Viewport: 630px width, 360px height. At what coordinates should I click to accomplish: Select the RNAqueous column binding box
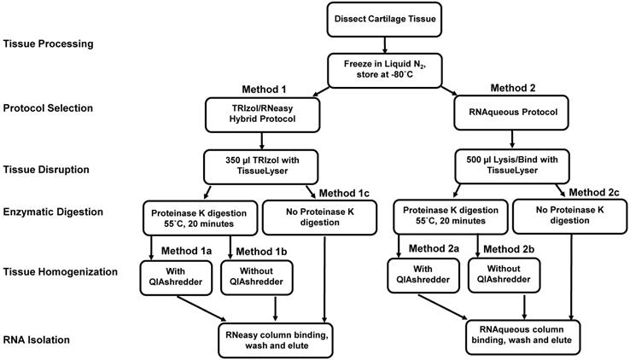click(522, 334)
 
